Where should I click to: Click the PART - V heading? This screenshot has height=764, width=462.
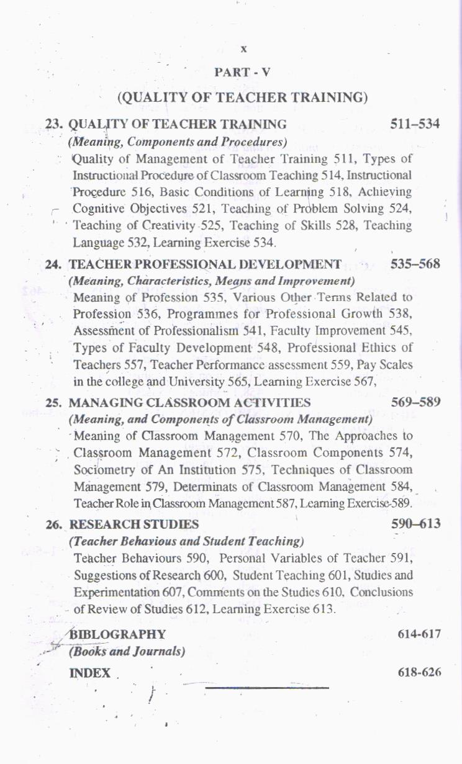coord(242,72)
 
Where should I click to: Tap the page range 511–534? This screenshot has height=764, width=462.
coord(415,124)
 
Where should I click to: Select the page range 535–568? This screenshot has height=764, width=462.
coord(415,264)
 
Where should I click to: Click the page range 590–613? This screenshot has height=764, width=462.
coord(415,524)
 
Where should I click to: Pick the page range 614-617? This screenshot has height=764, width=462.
coord(419,634)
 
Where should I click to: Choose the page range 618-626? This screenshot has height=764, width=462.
coord(419,673)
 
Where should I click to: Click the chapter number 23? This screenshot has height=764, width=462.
coord(54,124)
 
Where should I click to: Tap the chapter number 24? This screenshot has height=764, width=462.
coord(54,265)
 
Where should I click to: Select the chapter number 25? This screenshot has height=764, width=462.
coord(54,403)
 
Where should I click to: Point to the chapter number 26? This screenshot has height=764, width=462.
coord(55,525)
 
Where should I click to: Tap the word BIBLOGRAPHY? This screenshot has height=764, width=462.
coord(117,634)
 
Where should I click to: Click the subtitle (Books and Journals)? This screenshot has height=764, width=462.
coord(127,652)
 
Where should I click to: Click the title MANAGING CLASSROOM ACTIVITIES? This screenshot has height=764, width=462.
coord(189,403)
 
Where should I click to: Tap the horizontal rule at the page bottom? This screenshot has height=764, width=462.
coord(266,687)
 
